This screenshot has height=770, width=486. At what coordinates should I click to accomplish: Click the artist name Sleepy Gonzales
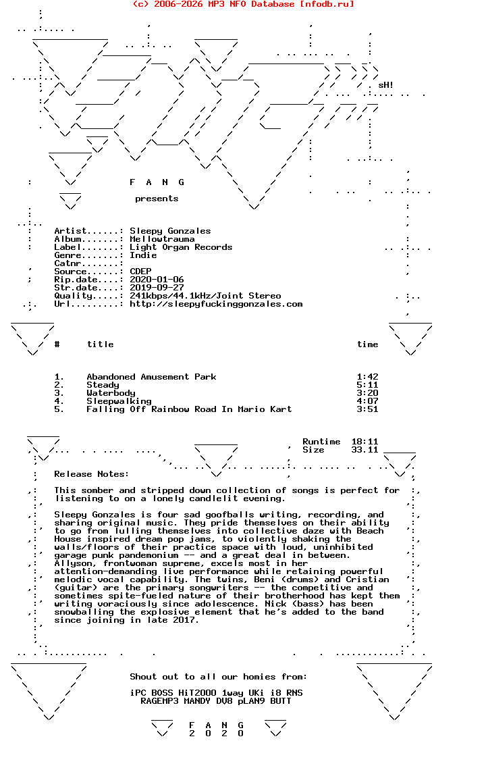coord(170,231)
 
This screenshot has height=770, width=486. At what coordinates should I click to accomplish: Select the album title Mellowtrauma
coord(162,239)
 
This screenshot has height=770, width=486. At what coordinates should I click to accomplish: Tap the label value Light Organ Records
coord(181,247)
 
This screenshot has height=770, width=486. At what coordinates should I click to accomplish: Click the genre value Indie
coord(143,255)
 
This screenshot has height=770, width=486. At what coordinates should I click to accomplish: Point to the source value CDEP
coord(140,272)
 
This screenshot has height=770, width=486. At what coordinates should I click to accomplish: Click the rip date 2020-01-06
coord(157,280)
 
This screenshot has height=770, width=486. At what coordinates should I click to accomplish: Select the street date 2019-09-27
coord(157,288)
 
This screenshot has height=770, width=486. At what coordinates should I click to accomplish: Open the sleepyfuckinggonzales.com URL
coord(216,304)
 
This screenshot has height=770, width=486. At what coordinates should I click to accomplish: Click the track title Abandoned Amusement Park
coord(151,377)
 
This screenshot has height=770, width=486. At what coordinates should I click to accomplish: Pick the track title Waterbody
coord(111,393)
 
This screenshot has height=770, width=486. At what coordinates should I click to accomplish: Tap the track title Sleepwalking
coord(119,401)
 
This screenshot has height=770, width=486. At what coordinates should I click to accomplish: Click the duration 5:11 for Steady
coord(367,385)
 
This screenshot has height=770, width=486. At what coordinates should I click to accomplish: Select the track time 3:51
coord(367,409)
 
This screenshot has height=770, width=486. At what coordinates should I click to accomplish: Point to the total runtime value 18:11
coord(364,442)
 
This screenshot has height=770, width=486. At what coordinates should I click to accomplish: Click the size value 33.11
coord(364,450)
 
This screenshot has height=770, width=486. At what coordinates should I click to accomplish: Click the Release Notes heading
coord(92,474)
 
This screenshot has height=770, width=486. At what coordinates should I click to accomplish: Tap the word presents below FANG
coord(157,199)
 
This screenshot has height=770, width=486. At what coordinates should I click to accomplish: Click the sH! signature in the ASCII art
coord(385,85)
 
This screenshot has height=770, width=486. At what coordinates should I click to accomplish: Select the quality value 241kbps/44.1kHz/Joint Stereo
coord(205,296)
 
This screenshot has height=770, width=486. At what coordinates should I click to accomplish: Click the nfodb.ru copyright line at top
coord(243,4)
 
